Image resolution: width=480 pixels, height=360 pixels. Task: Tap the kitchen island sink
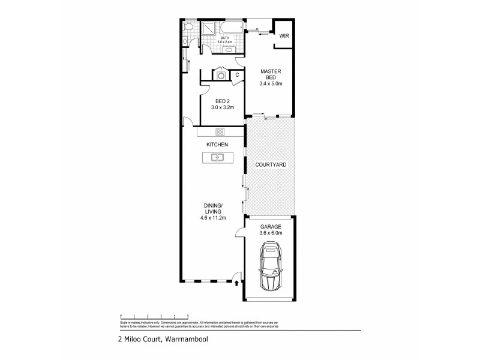216,158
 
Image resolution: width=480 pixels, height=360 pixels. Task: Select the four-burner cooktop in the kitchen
220,132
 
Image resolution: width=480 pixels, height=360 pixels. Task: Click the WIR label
283,35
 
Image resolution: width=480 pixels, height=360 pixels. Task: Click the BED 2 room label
221,104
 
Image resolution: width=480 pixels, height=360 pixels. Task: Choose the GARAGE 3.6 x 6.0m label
270,230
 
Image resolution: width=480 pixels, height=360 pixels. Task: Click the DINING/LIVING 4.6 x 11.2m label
214,214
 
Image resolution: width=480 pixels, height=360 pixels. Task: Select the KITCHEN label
216,145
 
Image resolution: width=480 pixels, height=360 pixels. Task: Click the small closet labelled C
238,75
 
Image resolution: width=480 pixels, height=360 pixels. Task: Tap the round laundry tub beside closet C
220,76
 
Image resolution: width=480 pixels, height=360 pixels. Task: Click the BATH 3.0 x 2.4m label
225,40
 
